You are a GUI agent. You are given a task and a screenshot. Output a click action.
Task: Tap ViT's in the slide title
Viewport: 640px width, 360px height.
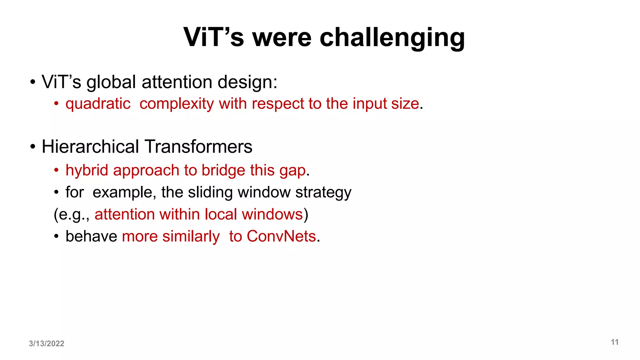pyautogui.click(x=213, y=37)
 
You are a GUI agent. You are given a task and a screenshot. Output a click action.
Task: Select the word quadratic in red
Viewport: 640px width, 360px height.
pyautogui.click(x=98, y=104)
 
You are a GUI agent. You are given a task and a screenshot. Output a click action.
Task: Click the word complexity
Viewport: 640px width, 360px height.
pyautogui.click(x=177, y=104)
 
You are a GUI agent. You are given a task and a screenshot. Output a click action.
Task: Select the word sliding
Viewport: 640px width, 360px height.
pyautogui.click(x=210, y=192)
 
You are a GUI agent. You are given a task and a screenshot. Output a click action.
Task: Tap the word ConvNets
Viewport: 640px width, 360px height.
pyautogui.click(x=281, y=236)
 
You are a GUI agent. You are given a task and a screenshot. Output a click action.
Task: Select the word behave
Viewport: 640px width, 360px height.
pyautogui.click(x=91, y=236)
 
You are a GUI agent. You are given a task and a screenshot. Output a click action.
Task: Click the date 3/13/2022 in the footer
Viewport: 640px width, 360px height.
pyautogui.click(x=47, y=343)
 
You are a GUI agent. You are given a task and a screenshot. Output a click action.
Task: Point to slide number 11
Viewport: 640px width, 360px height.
pyautogui.click(x=615, y=342)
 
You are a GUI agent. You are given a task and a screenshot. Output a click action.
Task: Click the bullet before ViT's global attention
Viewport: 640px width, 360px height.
pyautogui.click(x=33, y=82)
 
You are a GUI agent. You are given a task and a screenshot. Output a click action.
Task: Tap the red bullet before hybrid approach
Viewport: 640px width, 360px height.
pyautogui.click(x=56, y=171)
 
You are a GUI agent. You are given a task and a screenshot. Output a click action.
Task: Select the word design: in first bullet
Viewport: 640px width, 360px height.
pyautogui.click(x=247, y=82)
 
